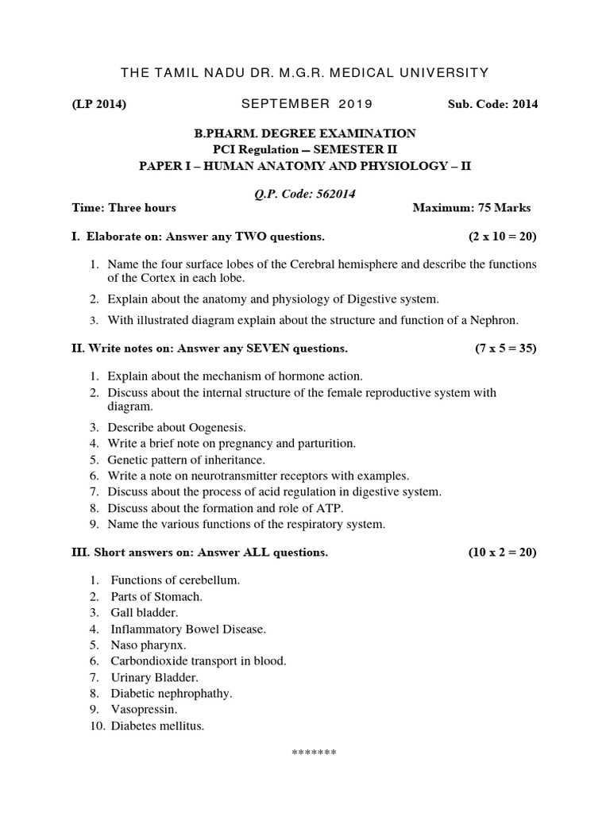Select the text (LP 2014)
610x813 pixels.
click(x=98, y=104)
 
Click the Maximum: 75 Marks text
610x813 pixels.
click(x=472, y=208)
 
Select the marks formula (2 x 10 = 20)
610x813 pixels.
click(x=502, y=237)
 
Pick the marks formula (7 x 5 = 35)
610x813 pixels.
click(x=502, y=348)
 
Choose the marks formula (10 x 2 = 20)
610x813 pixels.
click(x=502, y=553)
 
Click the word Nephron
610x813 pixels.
click(x=494, y=321)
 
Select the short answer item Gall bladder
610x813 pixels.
click(x=145, y=613)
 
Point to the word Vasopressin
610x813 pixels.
click(x=144, y=709)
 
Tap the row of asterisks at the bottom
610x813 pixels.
click(x=315, y=753)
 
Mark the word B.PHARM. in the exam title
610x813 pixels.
click(x=225, y=133)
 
